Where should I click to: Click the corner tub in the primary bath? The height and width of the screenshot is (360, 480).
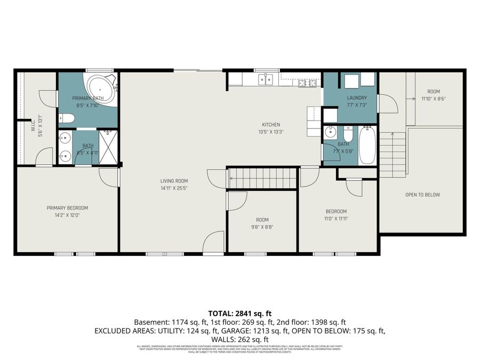tap(100, 88)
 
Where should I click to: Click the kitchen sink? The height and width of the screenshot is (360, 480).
tap(266, 79)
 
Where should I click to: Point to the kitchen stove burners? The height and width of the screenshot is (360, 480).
tap(307, 82)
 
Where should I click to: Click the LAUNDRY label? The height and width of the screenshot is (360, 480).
tap(357, 98)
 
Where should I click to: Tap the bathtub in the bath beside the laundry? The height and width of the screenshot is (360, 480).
tap(367, 145)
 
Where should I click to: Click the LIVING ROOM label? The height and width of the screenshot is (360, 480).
tap(174, 181)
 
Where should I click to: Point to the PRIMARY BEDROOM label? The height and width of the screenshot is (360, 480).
tap(67, 208)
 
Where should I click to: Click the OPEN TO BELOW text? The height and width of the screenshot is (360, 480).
tap(422, 195)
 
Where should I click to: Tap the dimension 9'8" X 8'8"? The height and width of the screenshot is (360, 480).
tap(262, 227)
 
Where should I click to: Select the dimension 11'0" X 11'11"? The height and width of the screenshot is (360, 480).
tap(336, 218)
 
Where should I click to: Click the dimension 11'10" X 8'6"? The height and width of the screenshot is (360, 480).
tap(434, 98)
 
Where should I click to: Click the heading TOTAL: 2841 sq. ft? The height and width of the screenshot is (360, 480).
tap(239, 313)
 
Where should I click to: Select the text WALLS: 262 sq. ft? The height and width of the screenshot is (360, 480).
tap(239, 339)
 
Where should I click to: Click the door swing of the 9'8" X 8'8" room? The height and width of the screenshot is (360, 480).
tap(237, 200)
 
